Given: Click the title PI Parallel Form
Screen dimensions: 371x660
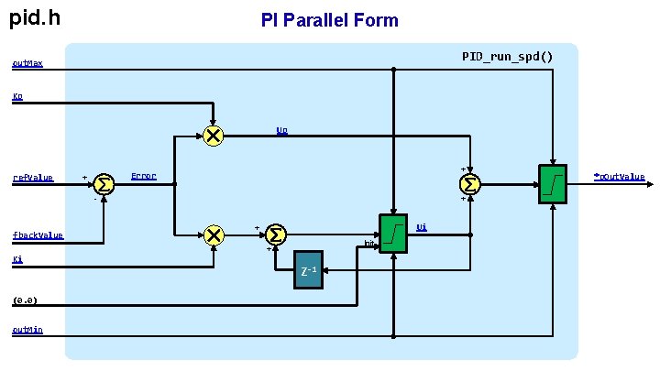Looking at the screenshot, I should tap(329, 19).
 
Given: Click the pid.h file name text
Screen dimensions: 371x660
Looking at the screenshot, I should tap(36, 16).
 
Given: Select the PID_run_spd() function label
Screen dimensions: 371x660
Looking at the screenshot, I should tap(507, 57).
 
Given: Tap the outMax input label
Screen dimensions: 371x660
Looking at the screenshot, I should tap(27, 64).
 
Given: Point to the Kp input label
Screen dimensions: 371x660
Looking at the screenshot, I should tap(18, 96).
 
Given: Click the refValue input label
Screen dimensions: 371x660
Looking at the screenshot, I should tap(33, 178).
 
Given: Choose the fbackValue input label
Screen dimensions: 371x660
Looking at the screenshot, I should tap(38, 235).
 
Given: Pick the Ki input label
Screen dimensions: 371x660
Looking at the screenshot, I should tap(17, 260).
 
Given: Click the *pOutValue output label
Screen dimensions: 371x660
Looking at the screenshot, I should tap(619, 176).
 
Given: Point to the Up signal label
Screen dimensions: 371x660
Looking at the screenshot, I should tap(282, 130).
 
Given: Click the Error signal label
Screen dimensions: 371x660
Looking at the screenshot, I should tap(144, 176).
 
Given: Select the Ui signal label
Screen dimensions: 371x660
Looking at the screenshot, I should tap(421, 226).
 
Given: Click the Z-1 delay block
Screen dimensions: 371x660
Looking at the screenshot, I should tap(309, 269).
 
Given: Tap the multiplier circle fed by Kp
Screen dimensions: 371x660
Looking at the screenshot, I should tap(213, 136).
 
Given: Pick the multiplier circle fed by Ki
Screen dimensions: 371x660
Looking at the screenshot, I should tap(214, 235).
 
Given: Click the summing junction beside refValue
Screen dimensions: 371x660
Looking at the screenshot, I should tap(104, 184).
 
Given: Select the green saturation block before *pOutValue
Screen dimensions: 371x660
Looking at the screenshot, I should tap(553, 184).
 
